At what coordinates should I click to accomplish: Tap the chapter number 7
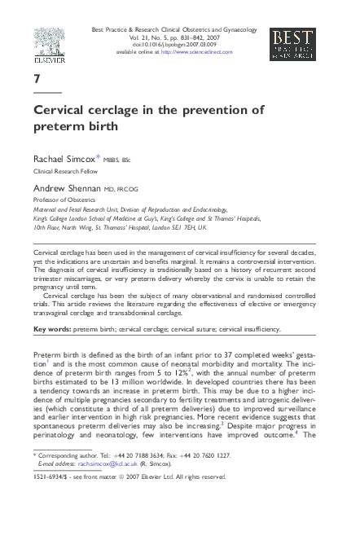click(37, 80)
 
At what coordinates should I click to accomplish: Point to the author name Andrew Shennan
click(68, 187)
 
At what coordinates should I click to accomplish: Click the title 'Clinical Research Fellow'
click(66, 173)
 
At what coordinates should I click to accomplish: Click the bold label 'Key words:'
click(53, 329)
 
